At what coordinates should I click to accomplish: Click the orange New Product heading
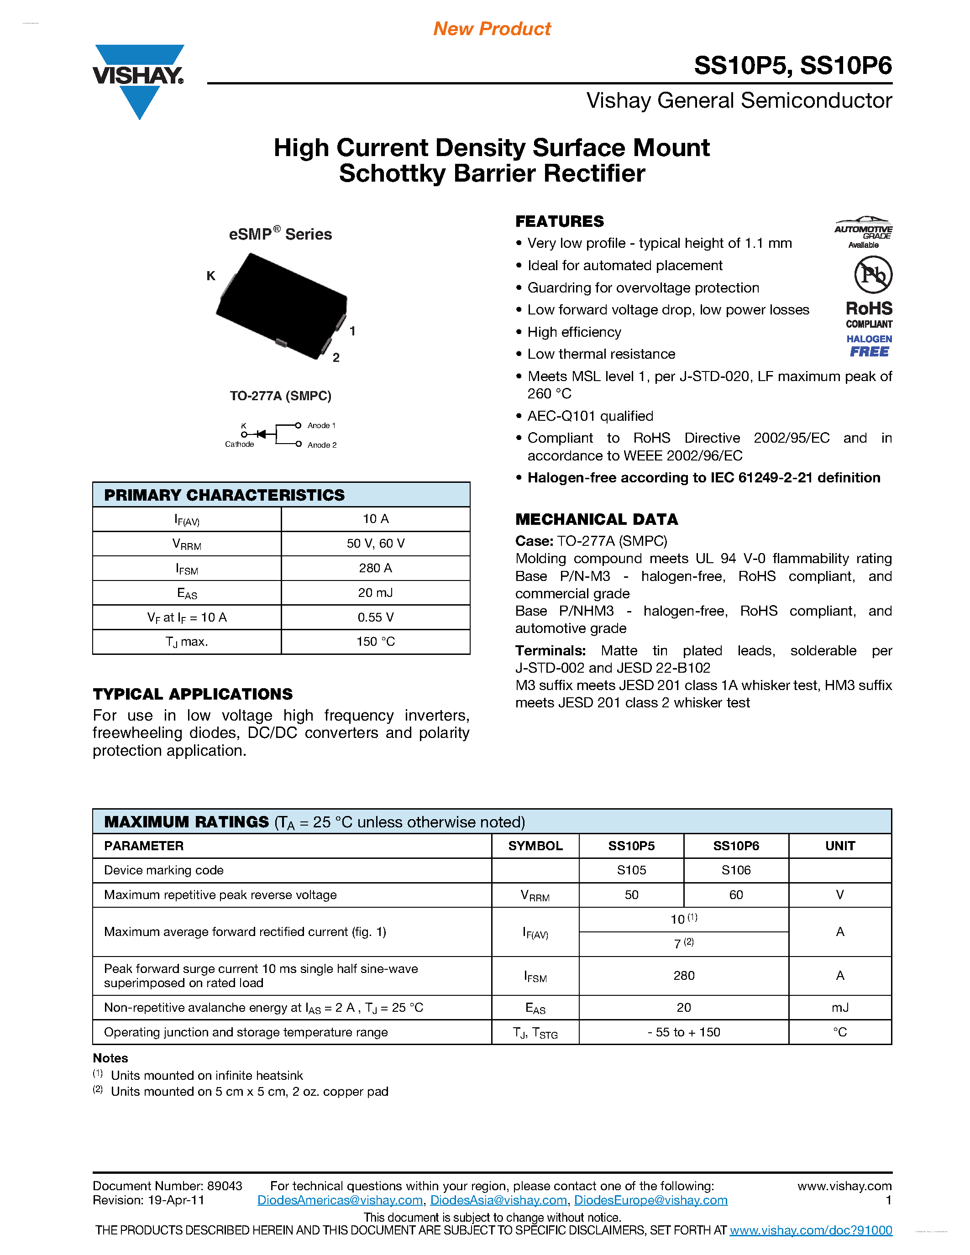pos(492,29)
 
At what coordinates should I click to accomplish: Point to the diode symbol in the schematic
pos(262,434)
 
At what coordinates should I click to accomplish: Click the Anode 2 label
pos(322,445)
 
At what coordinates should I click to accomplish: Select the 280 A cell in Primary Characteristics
pos(375,568)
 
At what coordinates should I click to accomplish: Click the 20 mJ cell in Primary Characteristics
pos(375,593)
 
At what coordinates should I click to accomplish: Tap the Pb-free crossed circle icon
pos(873,275)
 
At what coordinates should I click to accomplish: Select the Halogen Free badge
pos(869,346)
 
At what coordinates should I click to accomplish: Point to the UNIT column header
pos(840,846)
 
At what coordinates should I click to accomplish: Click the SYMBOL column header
pos(535,846)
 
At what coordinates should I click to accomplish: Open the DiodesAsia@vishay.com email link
pos(498,1200)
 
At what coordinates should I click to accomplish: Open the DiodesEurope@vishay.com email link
pos(650,1200)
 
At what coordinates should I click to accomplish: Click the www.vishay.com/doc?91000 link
pos(811,1230)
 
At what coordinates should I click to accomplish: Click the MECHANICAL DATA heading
pos(597,519)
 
